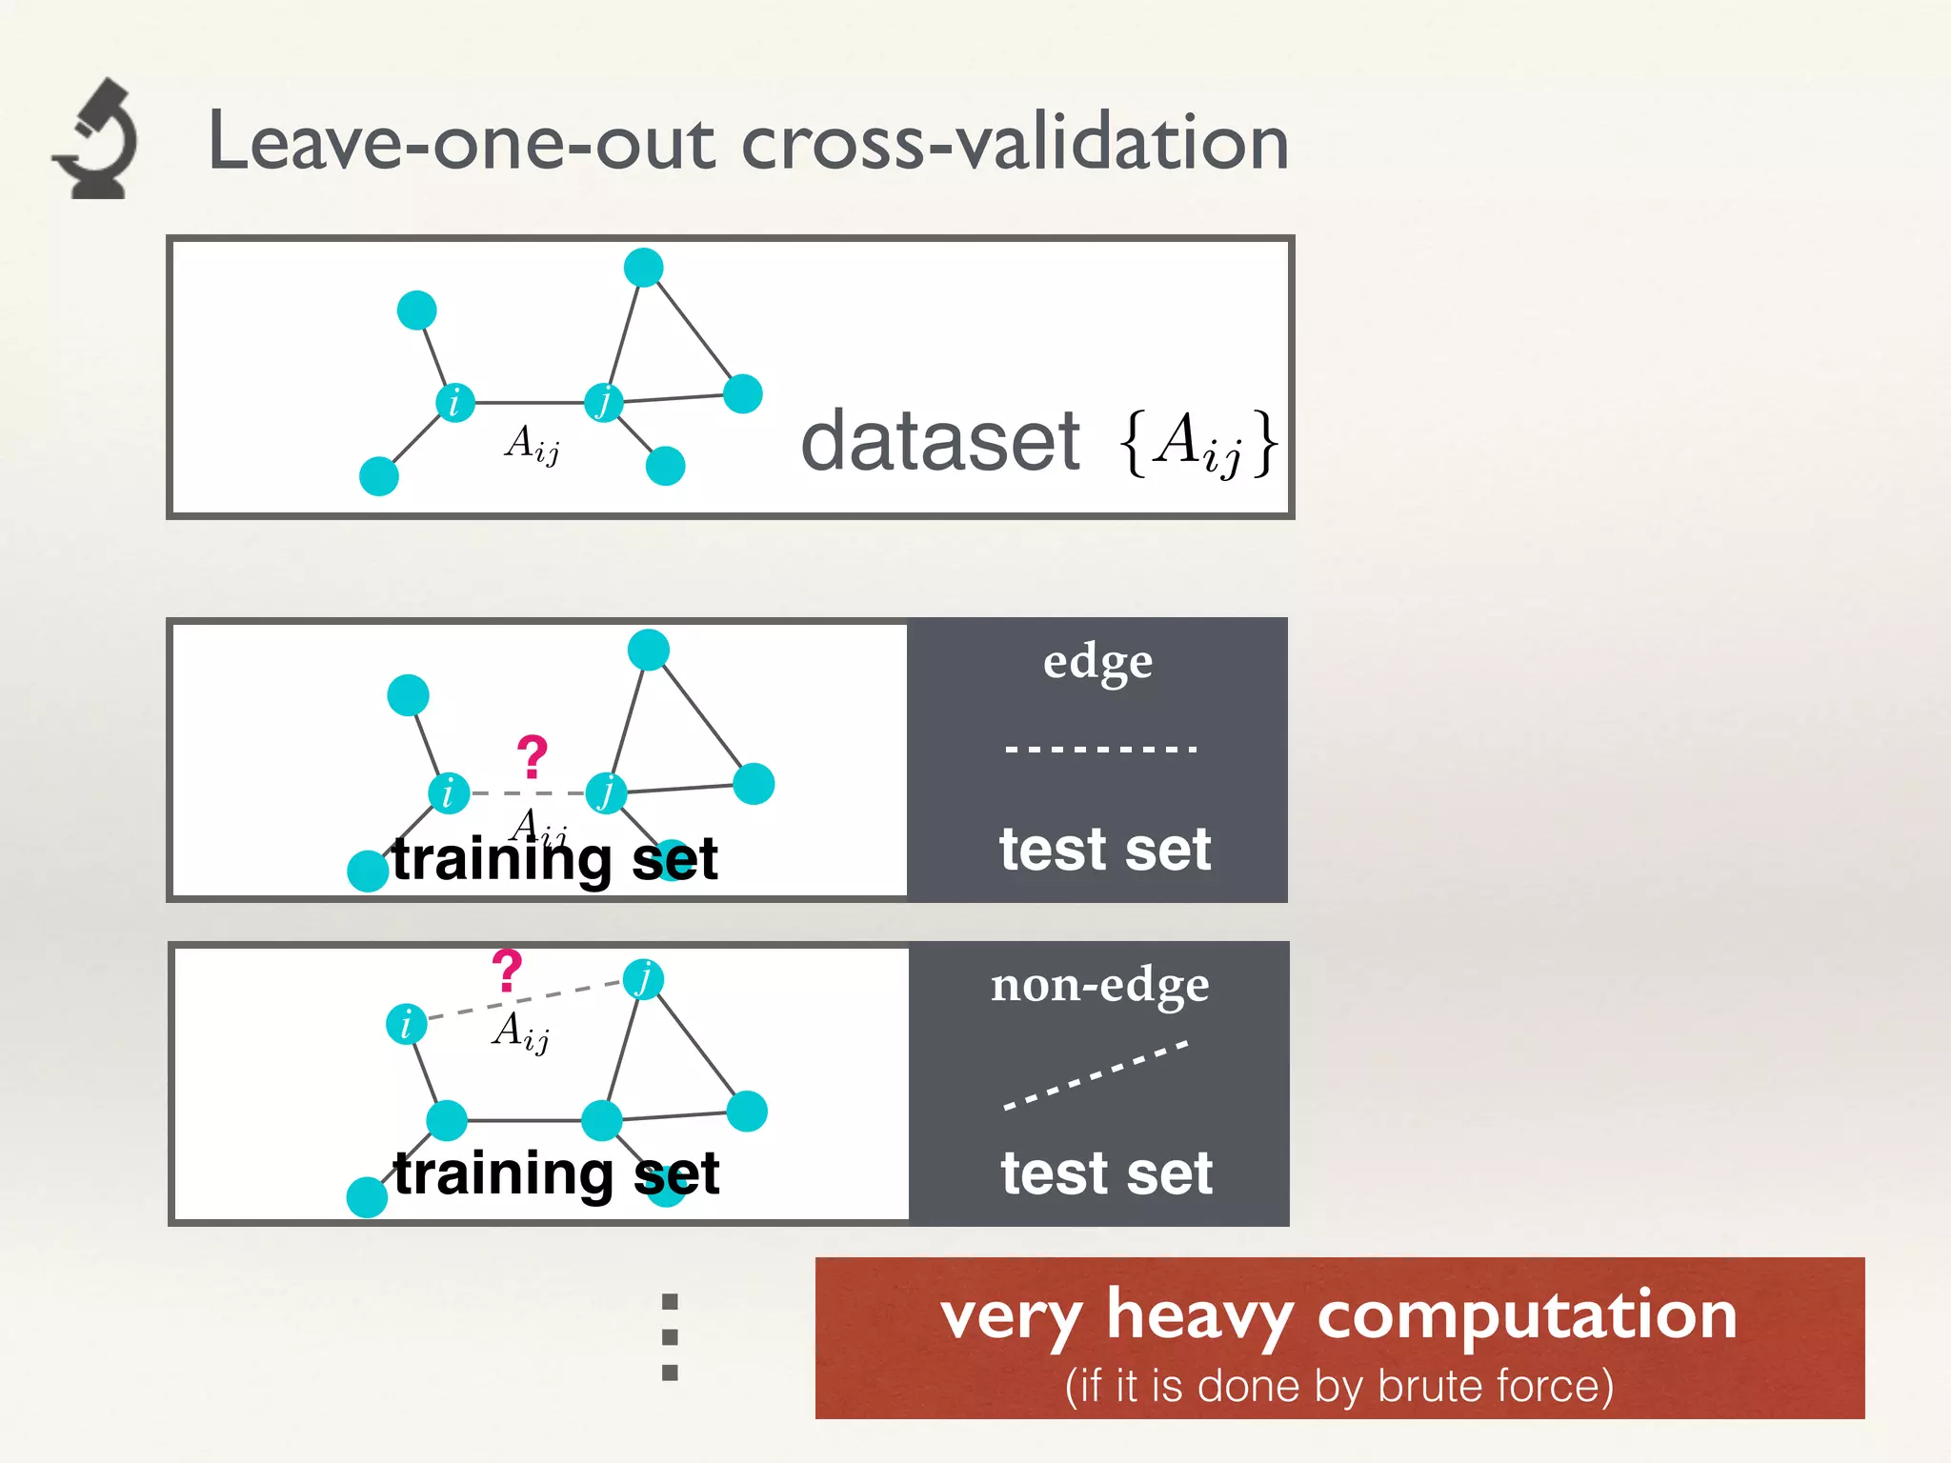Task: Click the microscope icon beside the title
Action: coord(96,140)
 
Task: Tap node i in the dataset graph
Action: coord(454,403)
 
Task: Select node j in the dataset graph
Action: coord(604,402)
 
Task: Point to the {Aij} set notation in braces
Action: coord(1198,443)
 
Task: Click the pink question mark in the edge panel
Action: coord(532,757)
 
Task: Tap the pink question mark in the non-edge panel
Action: coord(507,971)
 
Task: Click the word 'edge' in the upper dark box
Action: coord(1097,662)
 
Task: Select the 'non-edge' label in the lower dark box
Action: coord(1099,986)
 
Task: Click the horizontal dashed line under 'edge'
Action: coord(1100,750)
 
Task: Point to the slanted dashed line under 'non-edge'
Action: coord(1096,1076)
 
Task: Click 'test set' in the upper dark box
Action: coord(1105,850)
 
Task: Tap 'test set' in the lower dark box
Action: coord(1106,1173)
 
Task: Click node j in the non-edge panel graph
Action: coord(644,978)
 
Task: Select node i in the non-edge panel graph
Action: coord(407,1024)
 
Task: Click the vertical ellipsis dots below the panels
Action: coord(670,1336)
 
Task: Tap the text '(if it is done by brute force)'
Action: coord(1338,1386)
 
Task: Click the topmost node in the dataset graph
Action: coord(643,268)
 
